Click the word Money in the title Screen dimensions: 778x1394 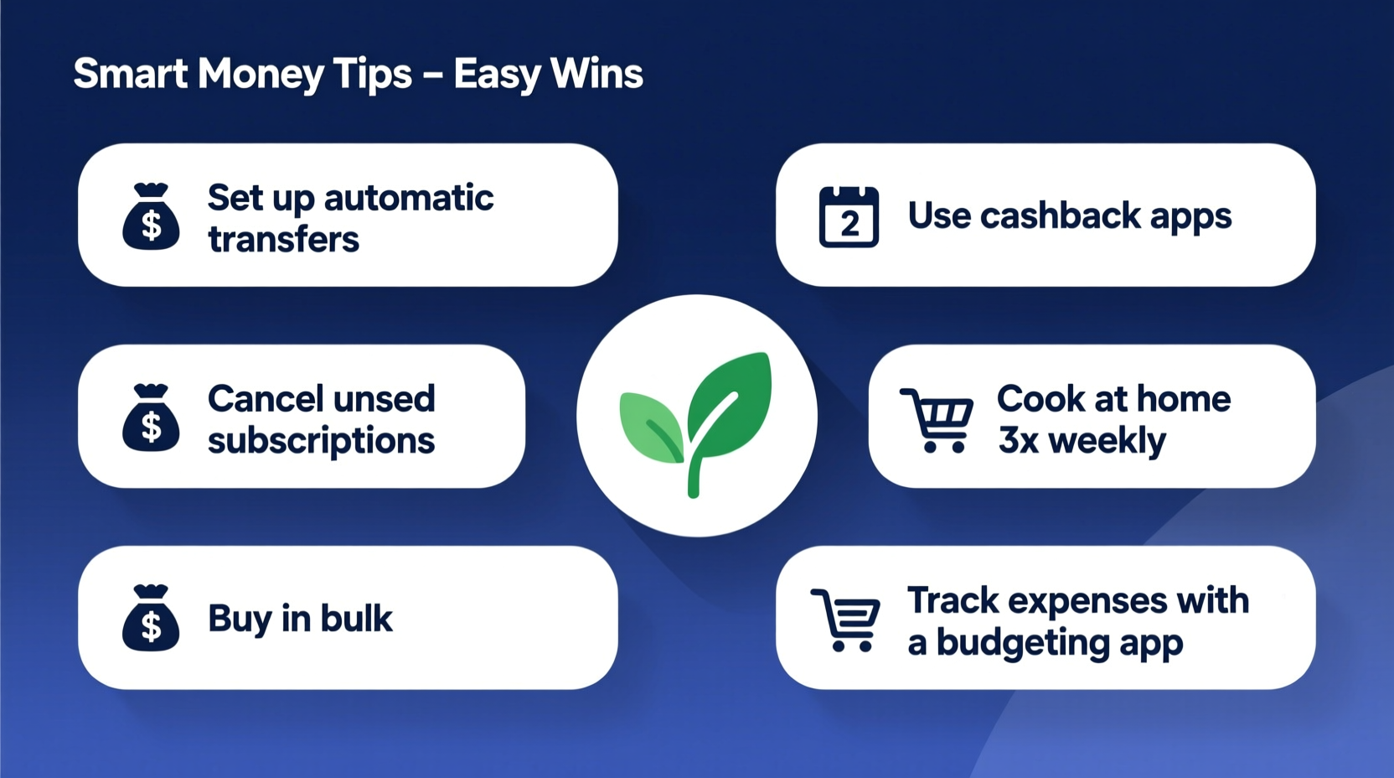coord(261,75)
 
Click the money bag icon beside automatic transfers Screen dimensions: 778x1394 coord(151,217)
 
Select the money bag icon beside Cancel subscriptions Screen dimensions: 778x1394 coord(151,418)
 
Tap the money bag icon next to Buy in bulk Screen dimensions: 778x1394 coord(151,619)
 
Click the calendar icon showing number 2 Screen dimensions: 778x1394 coord(849,217)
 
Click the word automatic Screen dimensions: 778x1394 coord(409,198)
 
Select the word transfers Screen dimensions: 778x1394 coord(283,240)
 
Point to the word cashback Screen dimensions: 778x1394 coord(1060,216)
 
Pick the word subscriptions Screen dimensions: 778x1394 coord(321,441)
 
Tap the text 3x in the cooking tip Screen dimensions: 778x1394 coord(1018,441)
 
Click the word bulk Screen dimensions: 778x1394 coord(356,619)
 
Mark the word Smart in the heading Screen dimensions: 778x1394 coord(130,74)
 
